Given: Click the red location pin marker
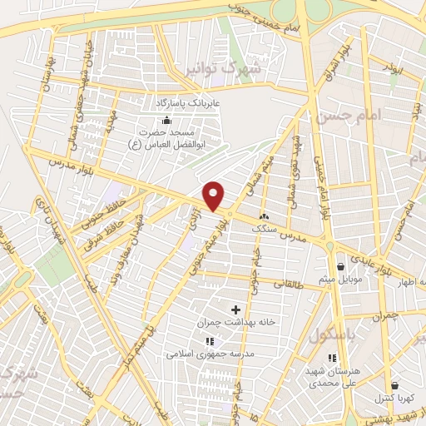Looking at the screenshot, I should tap(215, 196).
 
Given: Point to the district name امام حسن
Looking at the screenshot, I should tap(340, 116).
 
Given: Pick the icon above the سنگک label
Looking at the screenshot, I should tap(264, 215).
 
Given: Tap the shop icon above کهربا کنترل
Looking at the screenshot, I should tap(394, 384).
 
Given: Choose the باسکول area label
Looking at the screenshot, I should tap(327, 334).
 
